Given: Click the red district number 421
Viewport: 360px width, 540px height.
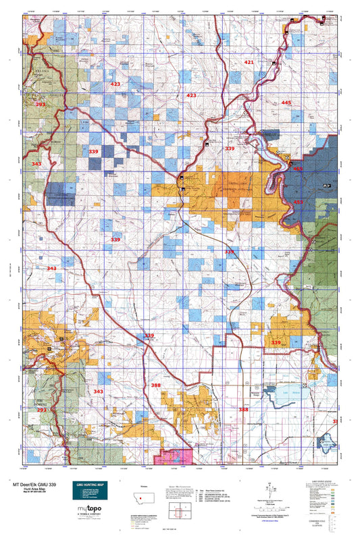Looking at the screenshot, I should coord(249,62).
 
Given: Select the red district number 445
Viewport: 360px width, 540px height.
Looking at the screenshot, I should coord(286,102).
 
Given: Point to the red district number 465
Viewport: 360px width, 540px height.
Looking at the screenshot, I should coord(297,169).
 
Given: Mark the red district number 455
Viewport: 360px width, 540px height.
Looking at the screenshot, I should coord(299,202).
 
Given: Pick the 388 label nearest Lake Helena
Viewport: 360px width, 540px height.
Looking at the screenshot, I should coord(244,410).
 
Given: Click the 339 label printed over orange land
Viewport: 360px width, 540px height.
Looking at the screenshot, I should coord(276,343).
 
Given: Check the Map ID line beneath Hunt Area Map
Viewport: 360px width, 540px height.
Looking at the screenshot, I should coord(28,493).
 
